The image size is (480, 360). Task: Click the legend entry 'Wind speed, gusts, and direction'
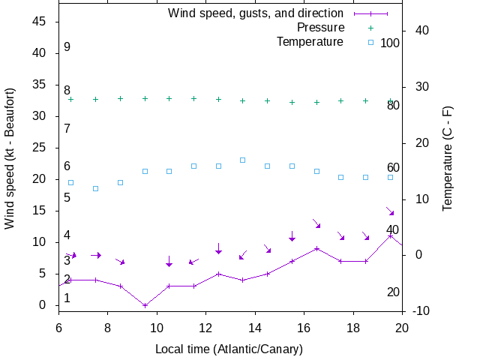[x=255, y=13]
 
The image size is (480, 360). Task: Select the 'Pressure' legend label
[x=320, y=28]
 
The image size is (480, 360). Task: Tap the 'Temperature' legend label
[x=310, y=42]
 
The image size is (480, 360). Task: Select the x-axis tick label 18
[x=353, y=327]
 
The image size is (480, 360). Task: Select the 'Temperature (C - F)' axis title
[x=447, y=157]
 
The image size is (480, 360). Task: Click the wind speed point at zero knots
[x=145, y=305]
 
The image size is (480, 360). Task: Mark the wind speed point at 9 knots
[x=316, y=248]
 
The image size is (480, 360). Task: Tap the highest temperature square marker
[x=243, y=160]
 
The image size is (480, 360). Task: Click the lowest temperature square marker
[x=95, y=188]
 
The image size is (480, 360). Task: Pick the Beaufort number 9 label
[x=67, y=47]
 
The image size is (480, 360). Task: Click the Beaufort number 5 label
[x=67, y=198]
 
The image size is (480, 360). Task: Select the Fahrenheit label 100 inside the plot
[x=390, y=43]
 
